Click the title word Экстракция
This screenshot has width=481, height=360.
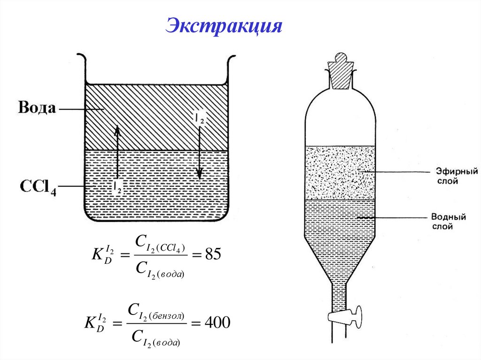(223, 26)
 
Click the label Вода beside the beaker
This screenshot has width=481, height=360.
(37, 108)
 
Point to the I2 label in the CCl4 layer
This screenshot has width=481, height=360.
(117, 186)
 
